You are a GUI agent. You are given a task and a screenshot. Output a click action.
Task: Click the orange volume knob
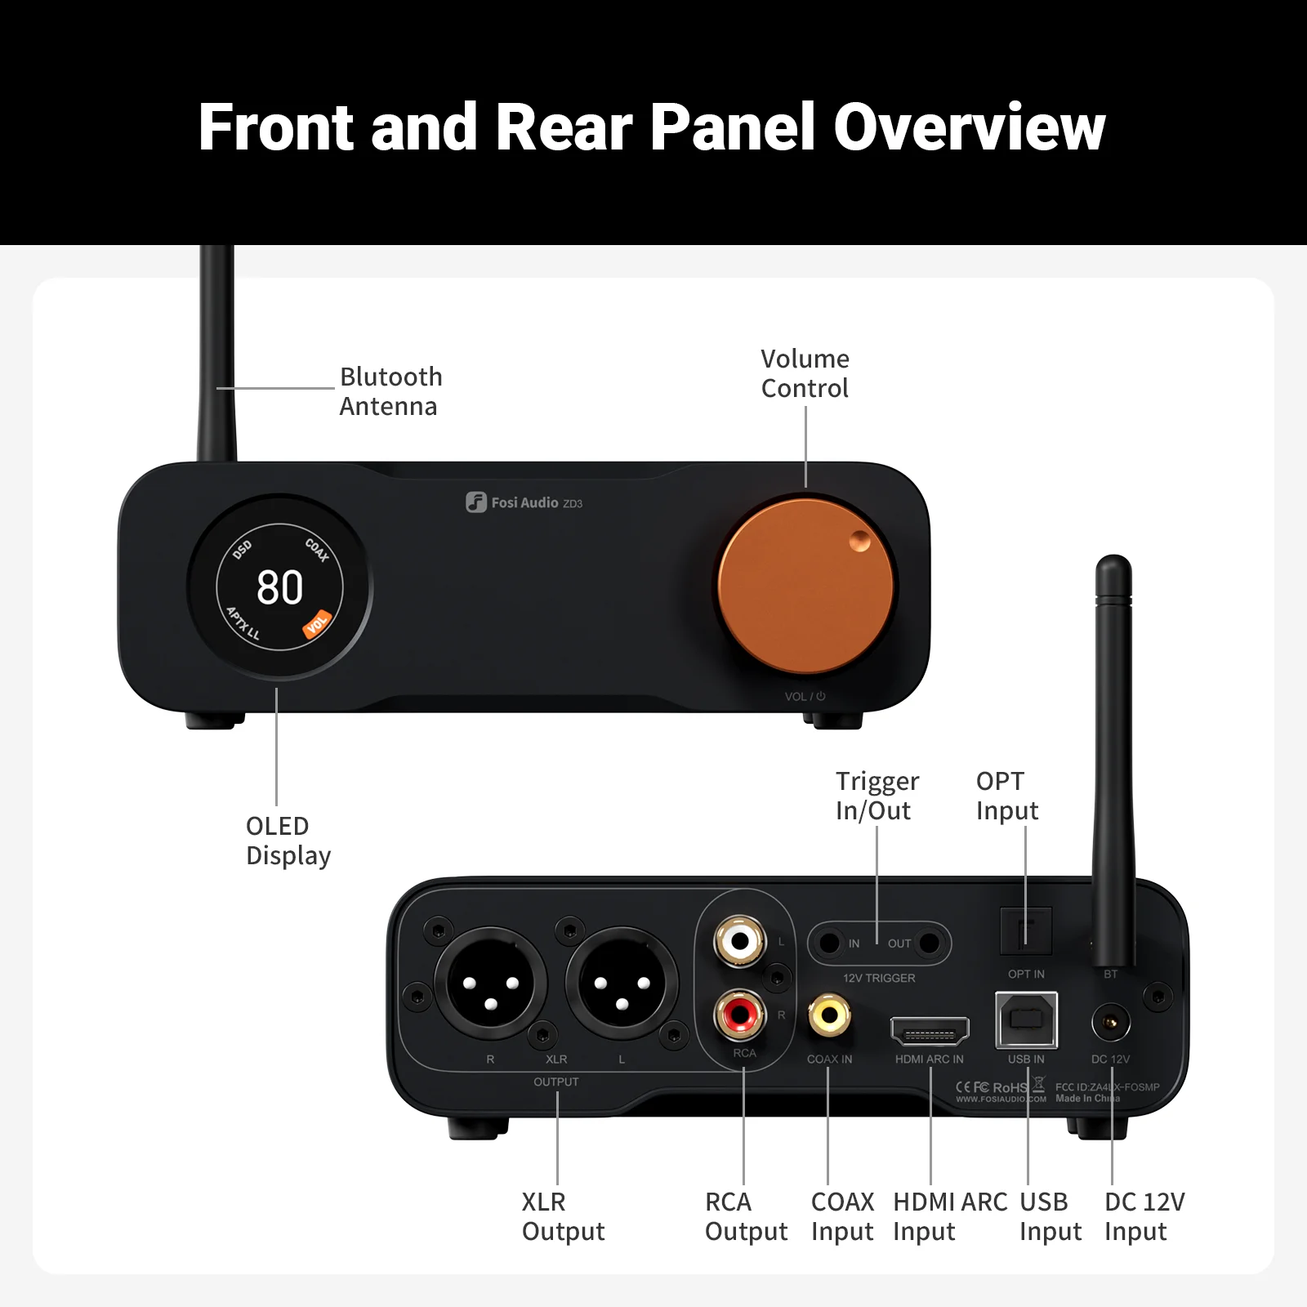(805, 587)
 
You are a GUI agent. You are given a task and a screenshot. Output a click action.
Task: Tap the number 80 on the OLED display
(280, 587)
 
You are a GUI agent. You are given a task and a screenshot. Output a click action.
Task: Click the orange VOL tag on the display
(317, 624)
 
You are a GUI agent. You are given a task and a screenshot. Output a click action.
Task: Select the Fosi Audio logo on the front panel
(524, 502)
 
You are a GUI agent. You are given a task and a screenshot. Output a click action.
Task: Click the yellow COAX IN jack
(829, 1015)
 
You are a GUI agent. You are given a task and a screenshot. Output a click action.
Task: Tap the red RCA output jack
(740, 1015)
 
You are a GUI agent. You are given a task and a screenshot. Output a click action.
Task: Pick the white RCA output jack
(740, 941)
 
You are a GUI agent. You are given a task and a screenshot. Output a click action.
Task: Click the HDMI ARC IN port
(930, 1032)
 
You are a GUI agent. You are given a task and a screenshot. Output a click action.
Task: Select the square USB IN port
(1026, 1019)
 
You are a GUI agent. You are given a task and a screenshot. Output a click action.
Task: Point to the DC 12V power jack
(1111, 1023)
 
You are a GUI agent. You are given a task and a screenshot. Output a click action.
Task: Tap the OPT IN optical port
(1026, 930)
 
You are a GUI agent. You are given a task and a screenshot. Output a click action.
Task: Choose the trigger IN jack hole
(829, 943)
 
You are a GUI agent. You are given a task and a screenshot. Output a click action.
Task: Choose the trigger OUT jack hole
(930, 943)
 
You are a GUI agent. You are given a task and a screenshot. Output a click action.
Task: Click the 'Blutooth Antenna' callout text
(390, 391)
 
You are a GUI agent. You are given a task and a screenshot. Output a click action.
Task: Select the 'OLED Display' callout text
(288, 841)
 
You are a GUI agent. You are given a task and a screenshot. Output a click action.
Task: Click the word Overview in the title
(969, 127)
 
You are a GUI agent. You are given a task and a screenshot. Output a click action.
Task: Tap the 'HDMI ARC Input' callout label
(949, 1216)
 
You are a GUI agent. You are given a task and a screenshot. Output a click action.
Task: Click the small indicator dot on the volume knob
(860, 541)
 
